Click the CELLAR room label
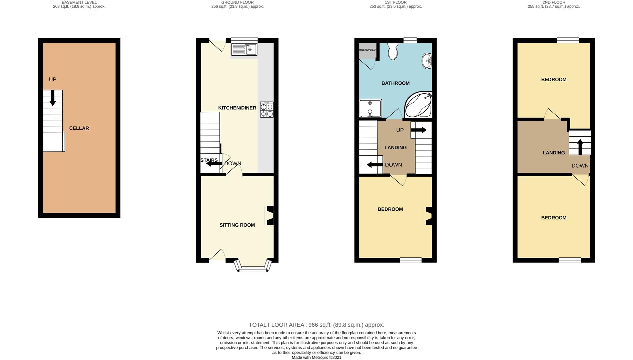[79, 128]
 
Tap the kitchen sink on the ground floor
[244, 49]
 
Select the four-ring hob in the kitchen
[266, 110]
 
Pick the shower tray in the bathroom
[370, 108]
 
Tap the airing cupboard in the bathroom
[368, 51]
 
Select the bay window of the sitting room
[253, 266]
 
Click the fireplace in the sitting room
[269, 215]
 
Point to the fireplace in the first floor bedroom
[428, 216]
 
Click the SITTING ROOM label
[237, 225]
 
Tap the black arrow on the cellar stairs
[53, 98]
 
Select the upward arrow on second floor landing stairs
[580, 147]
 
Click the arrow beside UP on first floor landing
[419, 130]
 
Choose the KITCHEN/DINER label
[237, 108]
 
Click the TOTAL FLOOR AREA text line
[316, 325]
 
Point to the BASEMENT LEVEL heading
[79, 2]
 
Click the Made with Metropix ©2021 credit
[316, 357]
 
